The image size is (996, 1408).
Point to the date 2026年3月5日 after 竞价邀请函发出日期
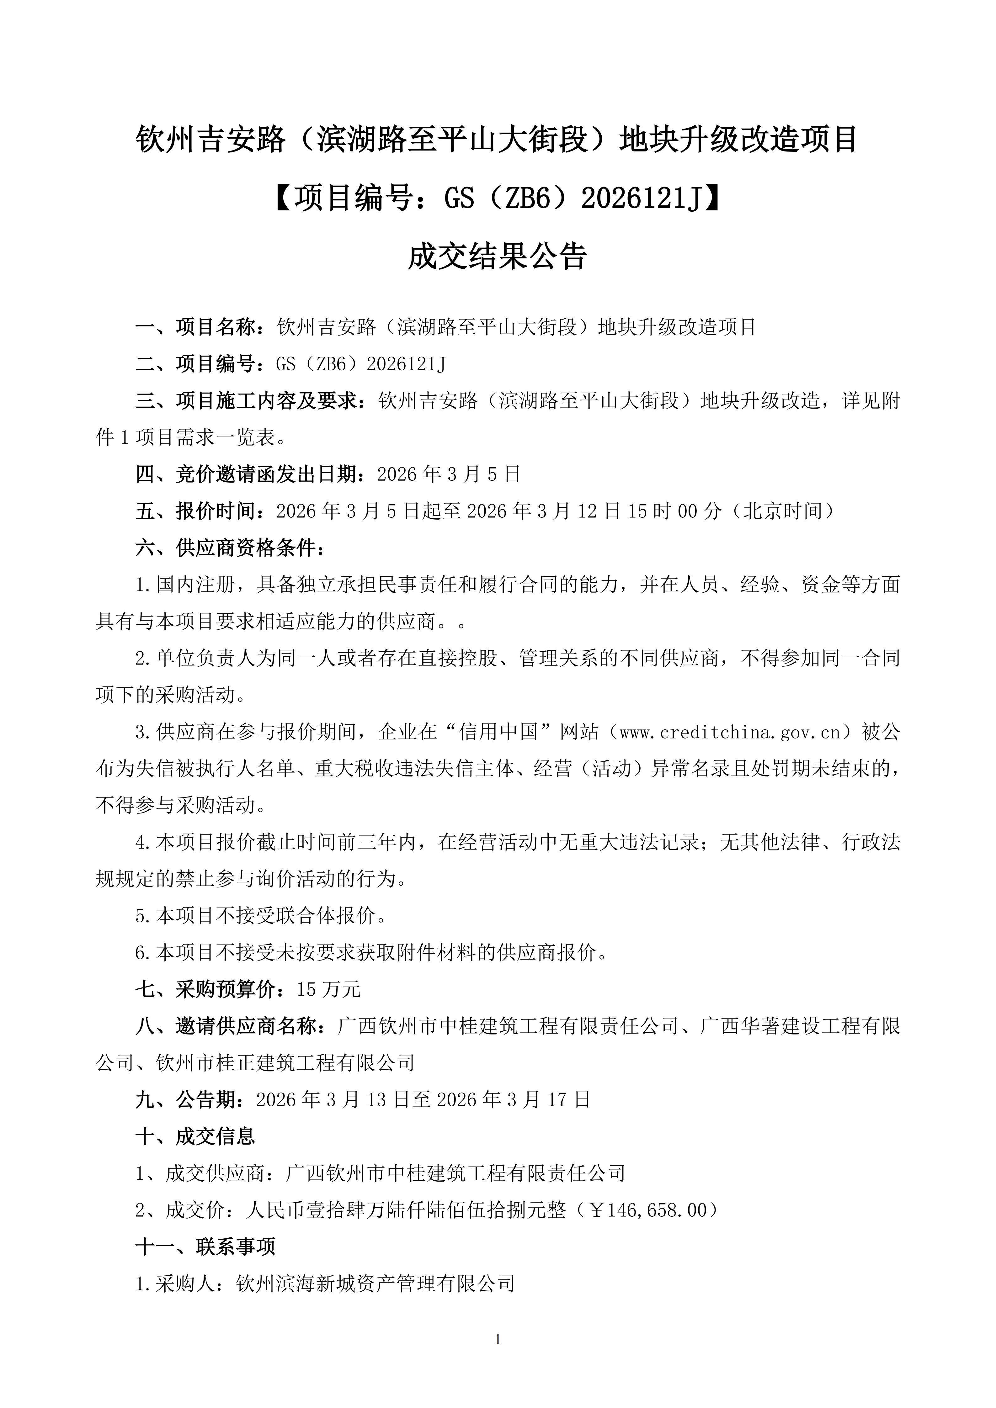pos(448,474)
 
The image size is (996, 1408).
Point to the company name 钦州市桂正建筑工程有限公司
pos(285,1063)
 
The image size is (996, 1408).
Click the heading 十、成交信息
pos(195,1136)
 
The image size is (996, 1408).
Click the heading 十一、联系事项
pos(205,1247)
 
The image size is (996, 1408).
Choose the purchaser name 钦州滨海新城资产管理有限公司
pos(375,1284)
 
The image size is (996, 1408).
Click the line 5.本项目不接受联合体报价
pos(261,916)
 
